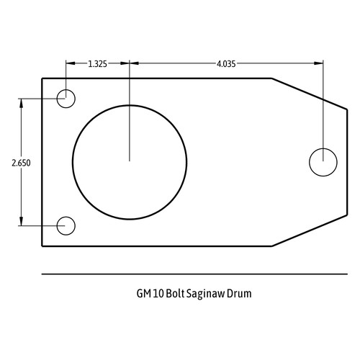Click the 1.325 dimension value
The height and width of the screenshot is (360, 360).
coord(97,64)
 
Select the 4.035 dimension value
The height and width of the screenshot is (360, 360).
coord(226,64)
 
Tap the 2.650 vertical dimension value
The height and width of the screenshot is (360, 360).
coord(21,163)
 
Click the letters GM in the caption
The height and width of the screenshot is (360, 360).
coord(144,294)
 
